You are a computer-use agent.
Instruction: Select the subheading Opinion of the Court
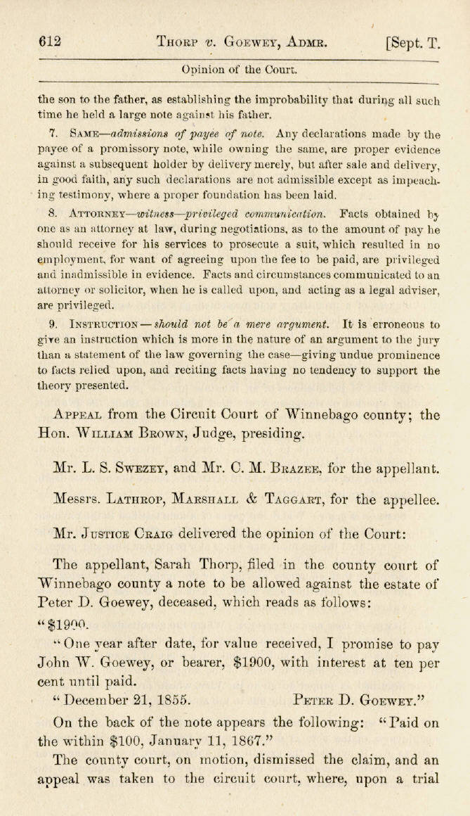pyautogui.click(x=239, y=70)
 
